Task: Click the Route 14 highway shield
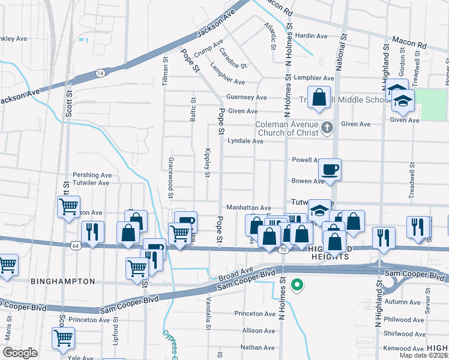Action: click(x=100, y=73)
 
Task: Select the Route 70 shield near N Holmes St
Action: click(x=282, y=249)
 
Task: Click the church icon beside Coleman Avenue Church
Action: click(x=327, y=127)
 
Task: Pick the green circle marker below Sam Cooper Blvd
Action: click(x=295, y=285)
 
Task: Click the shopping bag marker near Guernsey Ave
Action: click(x=319, y=97)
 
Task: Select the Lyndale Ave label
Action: click(x=246, y=141)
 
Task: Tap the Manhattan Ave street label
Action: click(x=249, y=208)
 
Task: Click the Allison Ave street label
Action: click(x=259, y=331)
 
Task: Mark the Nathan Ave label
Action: click(x=258, y=347)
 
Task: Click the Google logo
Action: click(x=20, y=353)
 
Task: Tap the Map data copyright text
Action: click(x=423, y=355)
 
